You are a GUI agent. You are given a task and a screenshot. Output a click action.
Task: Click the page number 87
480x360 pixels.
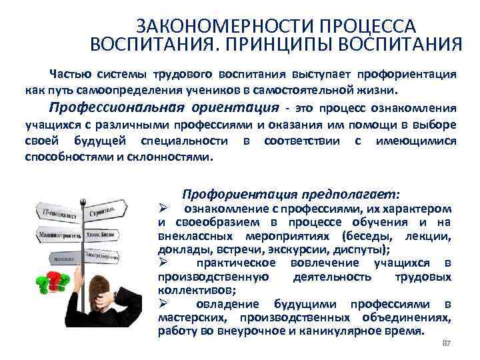pyautogui.click(x=447, y=343)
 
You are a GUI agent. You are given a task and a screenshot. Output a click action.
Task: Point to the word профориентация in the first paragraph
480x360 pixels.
pyautogui.click(x=408, y=73)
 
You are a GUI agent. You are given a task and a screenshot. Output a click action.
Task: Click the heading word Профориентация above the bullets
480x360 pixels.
pyautogui.click(x=231, y=194)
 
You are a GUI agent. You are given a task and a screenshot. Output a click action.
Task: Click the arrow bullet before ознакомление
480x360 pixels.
pyautogui.click(x=162, y=209)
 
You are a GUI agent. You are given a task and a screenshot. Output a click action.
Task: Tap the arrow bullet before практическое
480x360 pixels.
pyautogui.click(x=162, y=263)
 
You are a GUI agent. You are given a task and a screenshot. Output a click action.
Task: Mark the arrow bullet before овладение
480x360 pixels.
pyautogui.click(x=162, y=304)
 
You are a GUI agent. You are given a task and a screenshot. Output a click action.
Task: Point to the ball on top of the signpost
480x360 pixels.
pyautogui.click(x=85, y=199)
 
